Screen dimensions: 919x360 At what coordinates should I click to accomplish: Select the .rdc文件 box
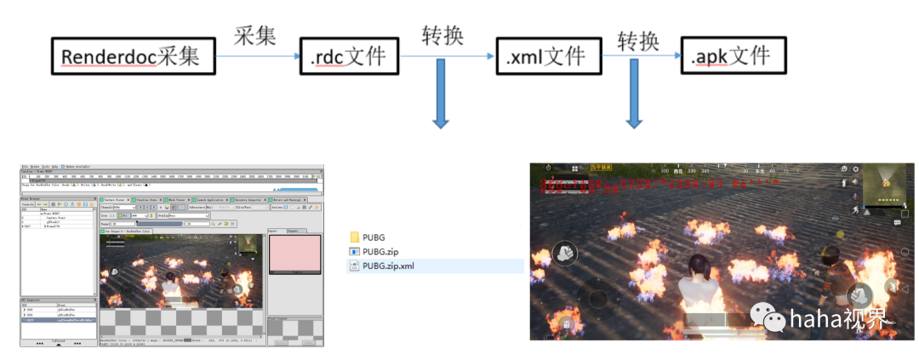349,57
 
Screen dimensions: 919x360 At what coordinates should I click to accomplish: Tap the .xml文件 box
545,57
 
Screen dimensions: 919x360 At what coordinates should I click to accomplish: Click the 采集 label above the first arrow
255,35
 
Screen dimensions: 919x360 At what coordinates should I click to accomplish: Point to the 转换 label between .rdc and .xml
442,35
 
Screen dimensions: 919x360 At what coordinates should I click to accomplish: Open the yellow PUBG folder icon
355,237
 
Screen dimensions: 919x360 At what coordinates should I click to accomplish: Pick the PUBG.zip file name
380,251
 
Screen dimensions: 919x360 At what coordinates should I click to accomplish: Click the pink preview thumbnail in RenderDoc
294,254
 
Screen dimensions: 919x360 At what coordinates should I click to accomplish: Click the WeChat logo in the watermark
775,320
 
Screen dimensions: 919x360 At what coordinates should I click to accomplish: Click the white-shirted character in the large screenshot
703,285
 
